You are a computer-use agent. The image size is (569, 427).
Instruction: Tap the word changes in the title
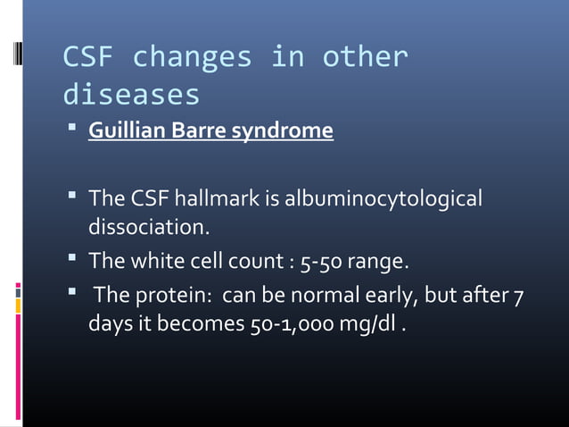192,58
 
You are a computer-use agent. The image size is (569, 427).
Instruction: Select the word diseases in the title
131,94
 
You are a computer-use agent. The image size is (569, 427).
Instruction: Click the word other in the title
366,58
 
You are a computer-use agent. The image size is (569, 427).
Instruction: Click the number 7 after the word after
518,295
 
